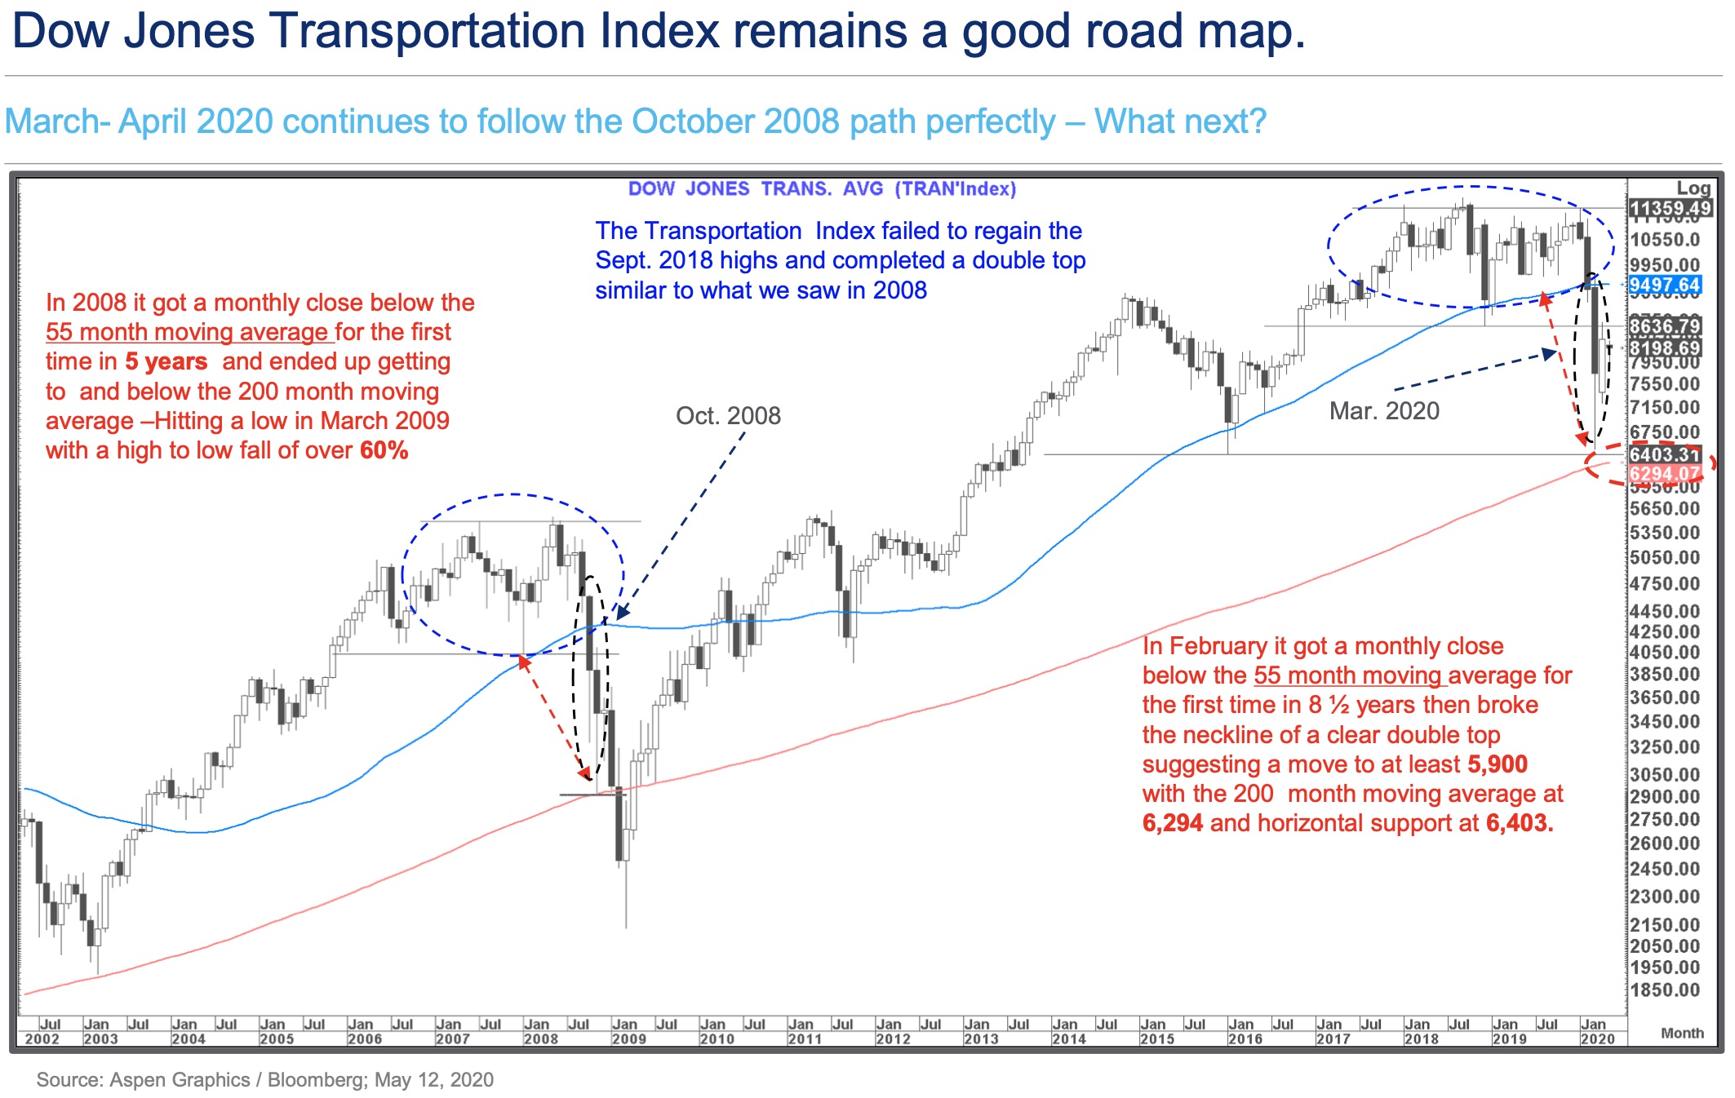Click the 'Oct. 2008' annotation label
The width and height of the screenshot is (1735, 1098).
click(728, 416)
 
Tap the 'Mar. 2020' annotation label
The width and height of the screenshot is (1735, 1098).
click(1384, 411)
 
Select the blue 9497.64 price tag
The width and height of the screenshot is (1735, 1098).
click(1665, 286)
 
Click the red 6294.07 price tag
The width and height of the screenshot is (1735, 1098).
click(1665, 474)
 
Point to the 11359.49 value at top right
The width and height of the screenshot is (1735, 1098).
click(1670, 209)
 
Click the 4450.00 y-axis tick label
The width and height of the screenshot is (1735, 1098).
click(1665, 611)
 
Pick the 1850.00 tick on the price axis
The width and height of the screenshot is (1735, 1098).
click(1665, 990)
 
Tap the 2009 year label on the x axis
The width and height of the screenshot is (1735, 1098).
click(628, 1039)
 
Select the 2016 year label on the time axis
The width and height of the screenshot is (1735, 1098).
click(1245, 1039)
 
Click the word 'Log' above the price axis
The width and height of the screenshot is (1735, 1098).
click(1693, 188)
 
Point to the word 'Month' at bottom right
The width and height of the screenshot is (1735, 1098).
click(1682, 1033)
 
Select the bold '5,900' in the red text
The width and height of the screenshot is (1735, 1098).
click(1498, 764)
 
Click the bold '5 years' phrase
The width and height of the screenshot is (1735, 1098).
click(166, 361)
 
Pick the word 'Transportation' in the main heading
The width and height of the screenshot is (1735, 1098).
click(425, 31)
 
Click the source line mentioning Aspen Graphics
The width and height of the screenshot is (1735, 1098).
click(265, 1080)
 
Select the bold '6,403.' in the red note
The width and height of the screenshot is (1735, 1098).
click(1520, 823)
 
